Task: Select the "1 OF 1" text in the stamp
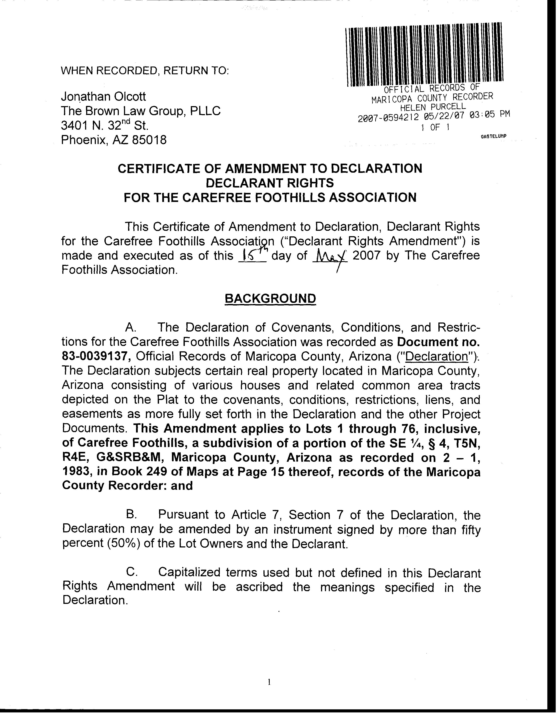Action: pos(435,127)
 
